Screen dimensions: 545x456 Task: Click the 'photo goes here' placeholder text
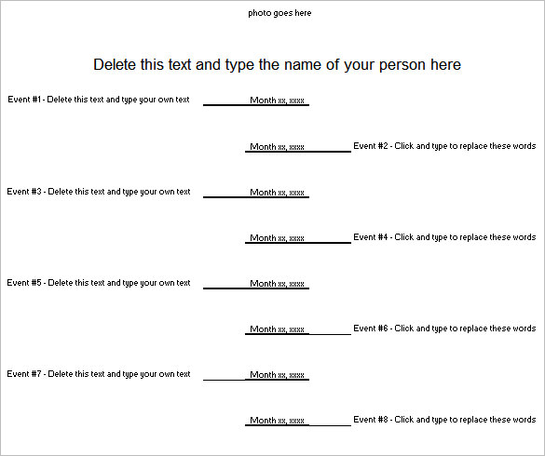[x=279, y=13]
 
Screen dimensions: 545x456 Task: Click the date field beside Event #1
[x=278, y=101]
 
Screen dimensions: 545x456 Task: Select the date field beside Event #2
[x=277, y=147]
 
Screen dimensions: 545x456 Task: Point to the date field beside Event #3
[x=278, y=193]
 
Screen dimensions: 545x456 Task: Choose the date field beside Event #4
[x=277, y=238]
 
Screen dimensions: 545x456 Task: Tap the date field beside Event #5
[x=278, y=284]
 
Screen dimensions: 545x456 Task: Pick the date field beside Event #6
[x=277, y=329]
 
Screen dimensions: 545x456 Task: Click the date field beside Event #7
[x=278, y=375]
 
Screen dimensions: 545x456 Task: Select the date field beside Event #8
[x=277, y=421]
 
